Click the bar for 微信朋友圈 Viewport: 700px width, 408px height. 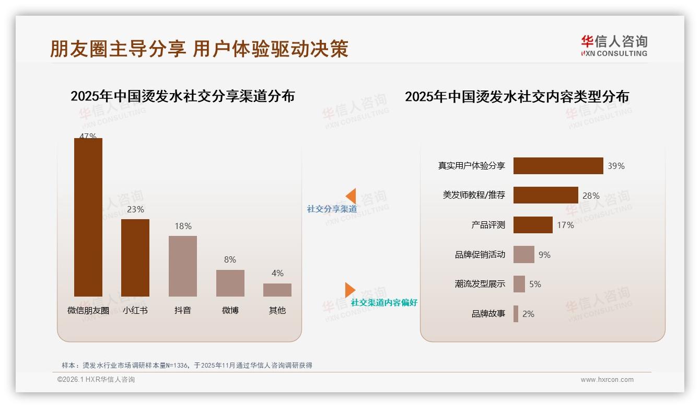pyautogui.click(x=88, y=217)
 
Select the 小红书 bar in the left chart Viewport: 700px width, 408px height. pyautogui.click(x=135, y=258)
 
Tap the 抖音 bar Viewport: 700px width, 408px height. pyautogui.click(x=183, y=266)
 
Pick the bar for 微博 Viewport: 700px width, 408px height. pyautogui.click(x=230, y=283)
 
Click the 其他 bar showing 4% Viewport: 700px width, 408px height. pyautogui.click(x=277, y=290)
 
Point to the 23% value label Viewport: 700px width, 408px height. pyautogui.click(x=135, y=209)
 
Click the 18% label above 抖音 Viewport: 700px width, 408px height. pyautogui.click(x=183, y=226)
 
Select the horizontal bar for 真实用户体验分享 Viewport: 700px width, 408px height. pyautogui.click(x=558, y=166)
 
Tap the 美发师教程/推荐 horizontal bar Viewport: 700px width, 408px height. pyautogui.click(x=545, y=195)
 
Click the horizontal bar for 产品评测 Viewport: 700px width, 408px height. pyautogui.click(x=533, y=225)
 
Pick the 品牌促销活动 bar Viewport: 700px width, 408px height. pyautogui.click(x=523, y=255)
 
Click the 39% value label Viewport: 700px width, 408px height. pyautogui.click(x=616, y=166)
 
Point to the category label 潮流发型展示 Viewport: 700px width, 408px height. pyautogui.click(x=480, y=284)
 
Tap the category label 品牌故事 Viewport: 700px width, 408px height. pyautogui.click(x=488, y=314)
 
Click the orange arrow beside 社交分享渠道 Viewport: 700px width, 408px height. pyautogui.click(x=351, y=196)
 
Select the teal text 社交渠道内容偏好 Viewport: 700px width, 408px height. pyautogui.click(x=384, y=303)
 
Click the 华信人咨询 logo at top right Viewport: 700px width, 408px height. pyautogui.click(x=614, y=46)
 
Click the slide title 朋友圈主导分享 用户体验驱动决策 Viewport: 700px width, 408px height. pyautogui.click(x=199, y=49)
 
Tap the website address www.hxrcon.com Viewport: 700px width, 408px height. pyautogui.click(x=606, y=380)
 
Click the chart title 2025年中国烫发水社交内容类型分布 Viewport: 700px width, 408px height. pyautogui.click(x=517, y=97)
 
